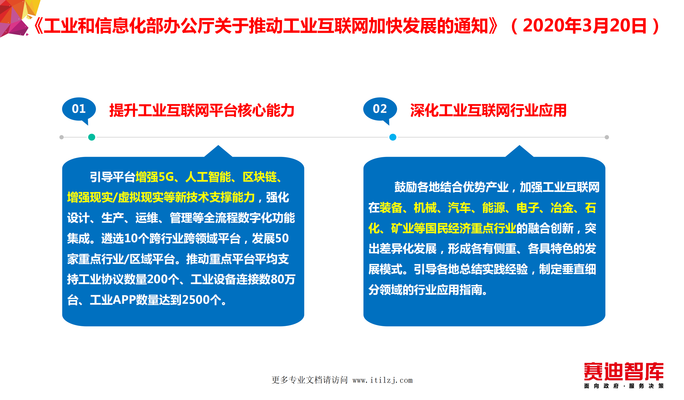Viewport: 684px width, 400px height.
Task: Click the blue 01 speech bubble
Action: click(x=79, y=109)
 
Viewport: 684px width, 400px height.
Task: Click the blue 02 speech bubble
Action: click(x=380, y=109)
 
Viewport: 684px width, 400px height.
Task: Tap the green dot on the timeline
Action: click(x=92, y=137)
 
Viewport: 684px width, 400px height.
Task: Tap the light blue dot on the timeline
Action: click(x=393, y=137)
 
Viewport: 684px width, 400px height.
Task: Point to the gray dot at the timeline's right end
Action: click(x=607, y=137)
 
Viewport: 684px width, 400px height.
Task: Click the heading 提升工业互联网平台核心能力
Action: click(x=202, y=110)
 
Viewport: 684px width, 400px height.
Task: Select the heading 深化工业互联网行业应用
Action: click(x=488, y=110)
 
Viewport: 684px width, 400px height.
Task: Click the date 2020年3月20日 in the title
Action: click(x=585, y=26)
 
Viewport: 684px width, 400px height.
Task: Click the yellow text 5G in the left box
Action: click(x=166, y=177)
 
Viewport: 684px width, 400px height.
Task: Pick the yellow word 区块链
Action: click(x=259, y=177)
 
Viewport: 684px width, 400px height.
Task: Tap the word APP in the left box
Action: click(x=124, y=300)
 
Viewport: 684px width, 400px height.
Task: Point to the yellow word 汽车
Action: click(x=459, y=208)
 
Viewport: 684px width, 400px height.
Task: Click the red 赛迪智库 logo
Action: click(x=624, y=371)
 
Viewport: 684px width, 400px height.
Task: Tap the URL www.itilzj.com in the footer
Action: click(x=382, y=380)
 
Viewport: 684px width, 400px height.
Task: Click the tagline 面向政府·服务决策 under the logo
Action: click(x=624, y=386)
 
